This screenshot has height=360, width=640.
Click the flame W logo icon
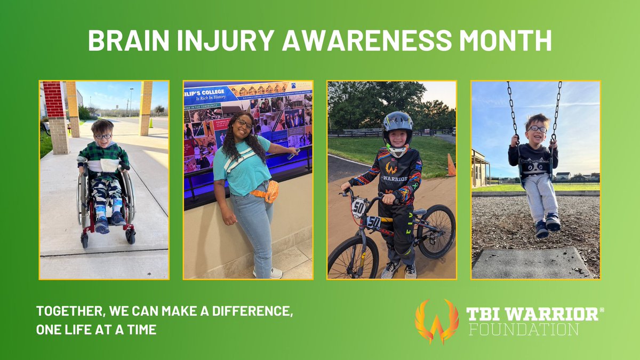(x=436, y=321)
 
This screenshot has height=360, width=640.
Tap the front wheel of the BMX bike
(x=352, y=258)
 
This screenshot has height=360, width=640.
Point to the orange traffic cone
(x=451, y=165)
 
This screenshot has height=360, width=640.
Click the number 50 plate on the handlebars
(x=359, y=207)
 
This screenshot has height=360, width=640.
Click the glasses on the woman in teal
(x=244, y=124)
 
